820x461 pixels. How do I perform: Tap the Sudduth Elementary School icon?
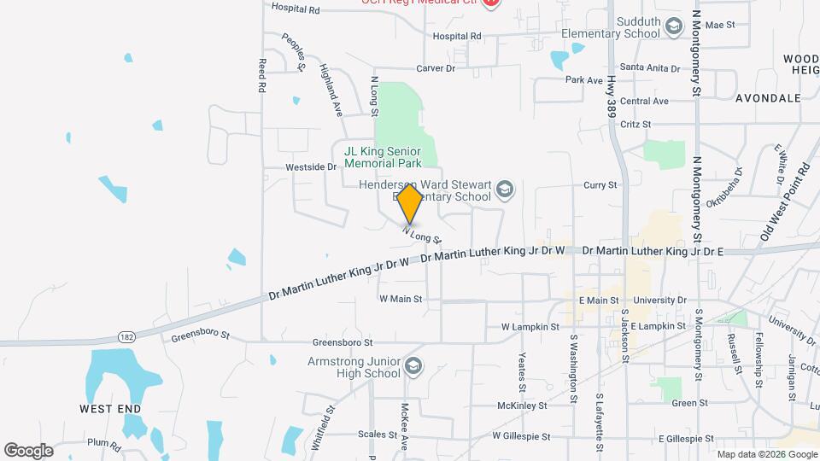tap(675, 26)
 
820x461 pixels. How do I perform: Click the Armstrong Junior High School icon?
tap(413, 365)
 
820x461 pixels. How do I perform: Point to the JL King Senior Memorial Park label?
tap(383, 157)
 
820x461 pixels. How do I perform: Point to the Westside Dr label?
tap(311, 166)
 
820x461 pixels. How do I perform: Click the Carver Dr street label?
tap(436, 67)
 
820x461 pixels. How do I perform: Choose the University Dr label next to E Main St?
tap(657, 301)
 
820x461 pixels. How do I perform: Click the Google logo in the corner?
tap(28, 450)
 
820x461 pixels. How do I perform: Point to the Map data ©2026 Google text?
tap(765, 454)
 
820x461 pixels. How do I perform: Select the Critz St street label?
tap(635, 124)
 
